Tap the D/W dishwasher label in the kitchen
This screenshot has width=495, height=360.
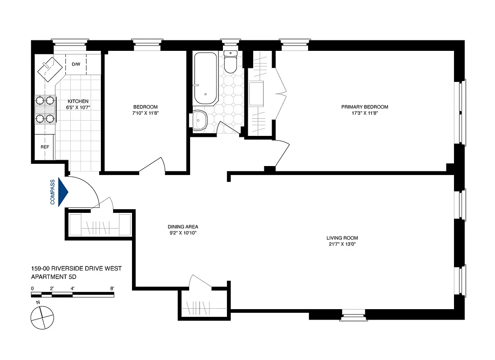(x=76, y=64)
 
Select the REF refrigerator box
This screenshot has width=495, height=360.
(x=45, y=147)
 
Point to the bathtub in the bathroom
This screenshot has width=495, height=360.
(x=205, y=78)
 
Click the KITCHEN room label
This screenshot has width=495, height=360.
(x=78, y=101)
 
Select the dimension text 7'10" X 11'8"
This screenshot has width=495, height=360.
(x=145, y=113)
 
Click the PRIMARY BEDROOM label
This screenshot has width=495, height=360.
(x=364, y=107)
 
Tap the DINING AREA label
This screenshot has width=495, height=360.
(x=183, y=227)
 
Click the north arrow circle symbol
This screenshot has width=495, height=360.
(x=41, y=317)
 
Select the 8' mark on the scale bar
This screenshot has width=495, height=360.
(x=112, y=288)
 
